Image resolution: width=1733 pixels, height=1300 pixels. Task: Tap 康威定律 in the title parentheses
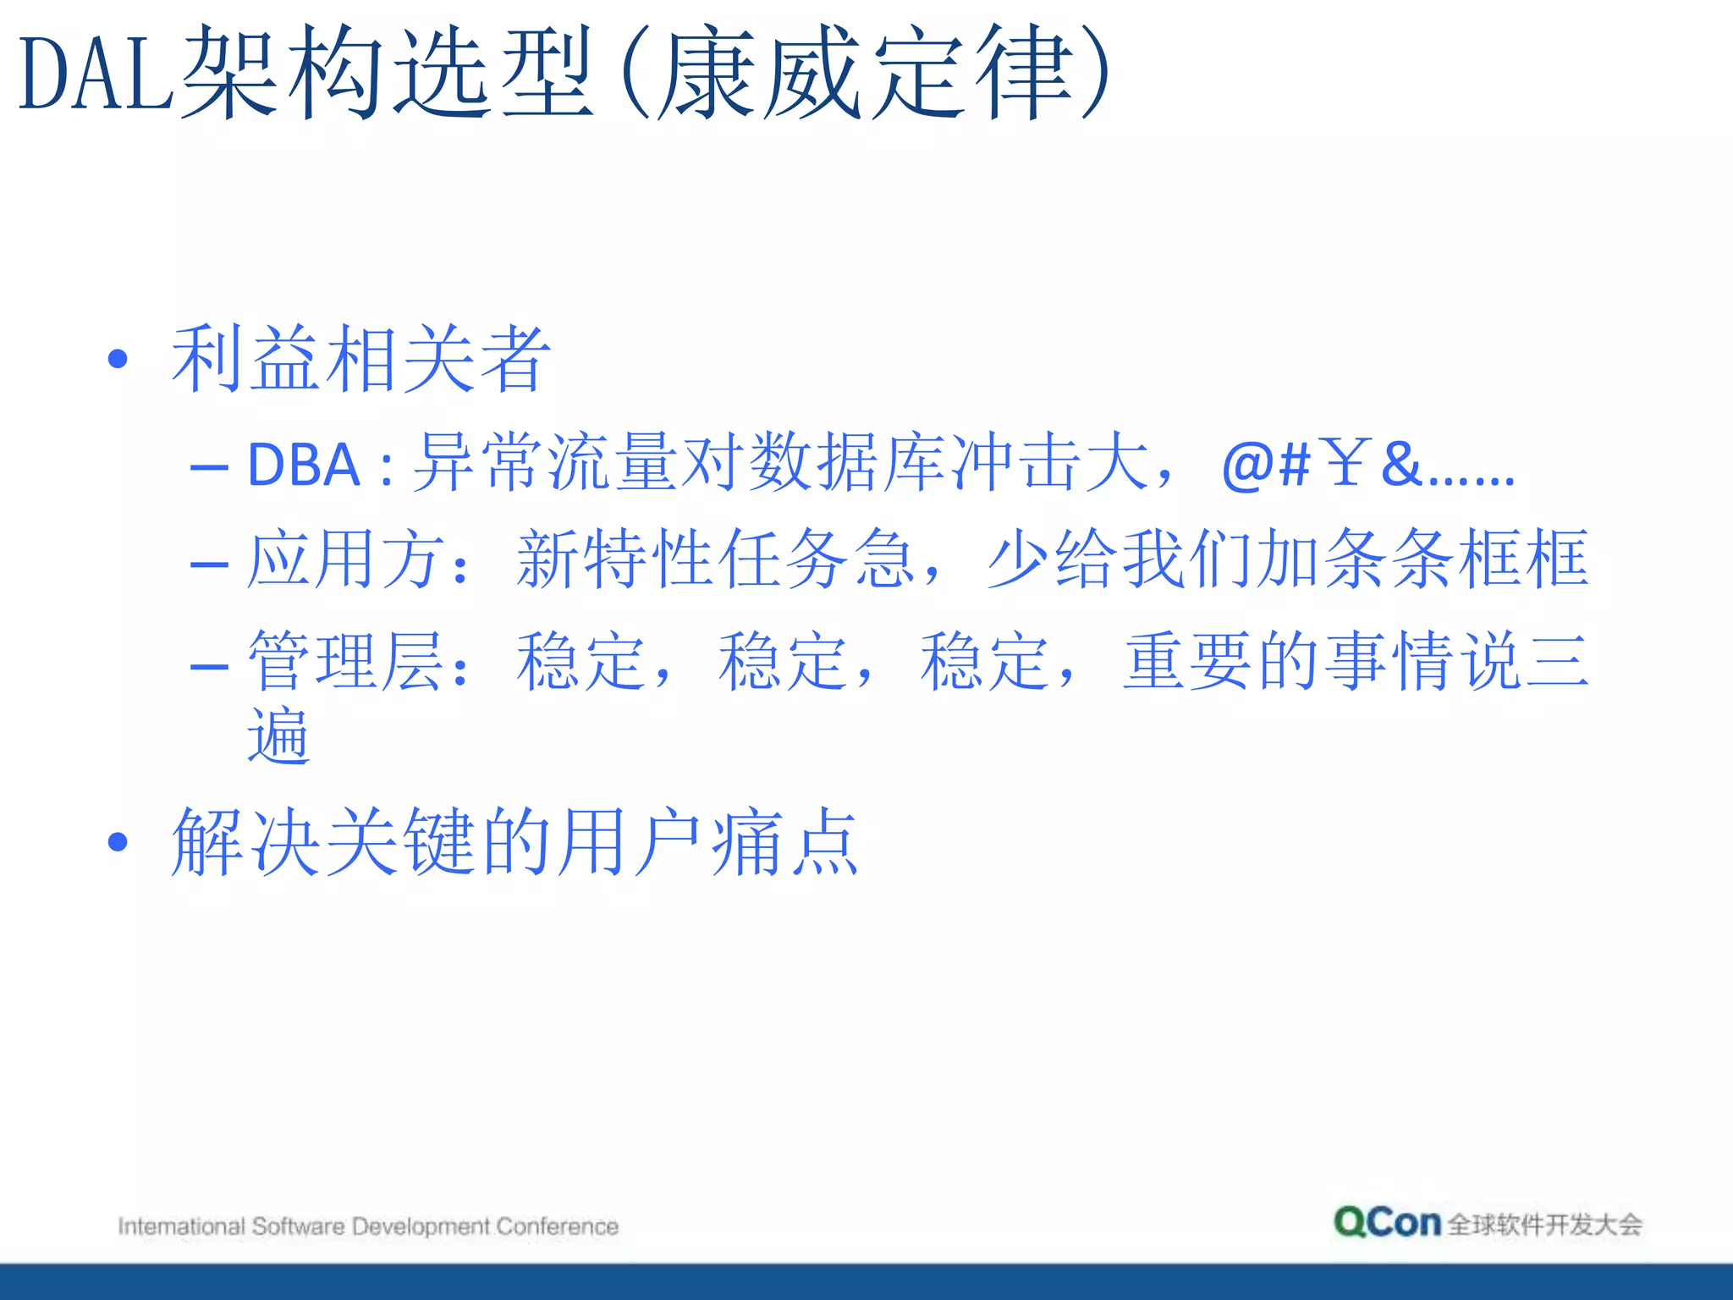click(867, 74)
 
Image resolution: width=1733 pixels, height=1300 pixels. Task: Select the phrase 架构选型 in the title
click(387, 74)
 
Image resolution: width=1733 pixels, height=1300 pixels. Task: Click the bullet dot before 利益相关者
click(118, 360)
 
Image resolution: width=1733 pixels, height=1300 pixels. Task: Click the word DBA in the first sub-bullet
click(304, 465)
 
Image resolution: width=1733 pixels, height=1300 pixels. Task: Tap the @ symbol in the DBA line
click(1247, 465)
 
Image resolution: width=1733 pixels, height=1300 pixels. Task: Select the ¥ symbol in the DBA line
click(1345, 464)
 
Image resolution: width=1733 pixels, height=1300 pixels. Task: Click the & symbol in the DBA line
click(1401, 464)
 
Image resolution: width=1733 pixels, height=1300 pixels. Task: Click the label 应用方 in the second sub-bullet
click(344, 559)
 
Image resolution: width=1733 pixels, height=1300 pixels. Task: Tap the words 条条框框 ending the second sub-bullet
click(1455, 559)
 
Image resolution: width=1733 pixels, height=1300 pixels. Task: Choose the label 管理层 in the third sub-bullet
click(344, 661)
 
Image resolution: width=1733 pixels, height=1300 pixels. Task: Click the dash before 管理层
click(209, 665)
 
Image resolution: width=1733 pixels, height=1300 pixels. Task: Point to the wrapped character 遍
click(278, 735)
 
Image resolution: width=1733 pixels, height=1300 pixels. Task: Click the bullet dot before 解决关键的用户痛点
click(118, 842)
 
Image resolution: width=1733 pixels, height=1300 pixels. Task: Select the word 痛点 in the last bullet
click(784, 842)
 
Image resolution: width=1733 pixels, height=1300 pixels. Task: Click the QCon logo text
click(1387, 1223)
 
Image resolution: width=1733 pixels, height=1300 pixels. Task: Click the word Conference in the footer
click(557, 1226)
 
